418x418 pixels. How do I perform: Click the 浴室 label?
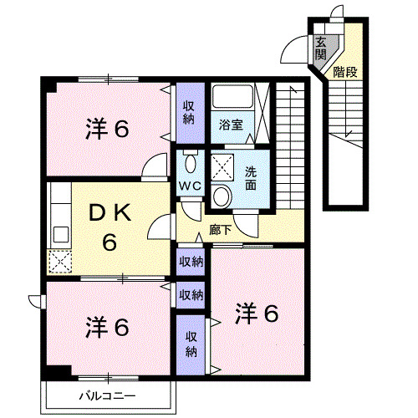click(231, 125)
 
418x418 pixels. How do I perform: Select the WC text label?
click(188, 186)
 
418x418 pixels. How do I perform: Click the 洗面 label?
click(251, 178)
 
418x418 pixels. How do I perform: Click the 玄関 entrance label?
click(321, 49)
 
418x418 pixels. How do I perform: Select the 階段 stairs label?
click(344, 72)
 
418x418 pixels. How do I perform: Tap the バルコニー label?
click(108, 395)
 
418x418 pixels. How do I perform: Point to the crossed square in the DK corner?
click(60, 263)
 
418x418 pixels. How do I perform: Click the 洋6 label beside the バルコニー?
click(106, 327)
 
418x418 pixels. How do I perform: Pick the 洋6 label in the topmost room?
click(107, 130)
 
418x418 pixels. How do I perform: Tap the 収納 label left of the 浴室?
click(190, 111)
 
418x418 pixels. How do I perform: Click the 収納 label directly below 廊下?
click(191, 263)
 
